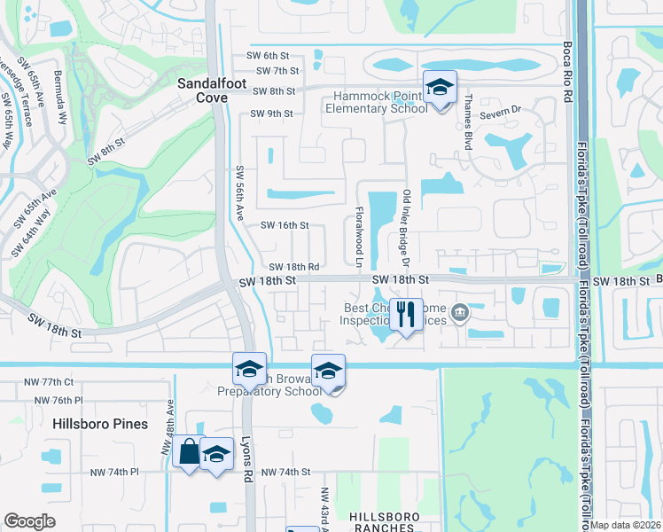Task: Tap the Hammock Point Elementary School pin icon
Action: (x=439, y=88)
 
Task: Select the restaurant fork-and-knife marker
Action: (x=406, y=314)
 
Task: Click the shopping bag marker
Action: (x=190, y=451)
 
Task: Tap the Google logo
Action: (x=30, y=521)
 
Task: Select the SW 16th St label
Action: (x=284, y=226)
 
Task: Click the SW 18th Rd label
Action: (x=293, y=266)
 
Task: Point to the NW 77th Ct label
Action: (x=50, y=382)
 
